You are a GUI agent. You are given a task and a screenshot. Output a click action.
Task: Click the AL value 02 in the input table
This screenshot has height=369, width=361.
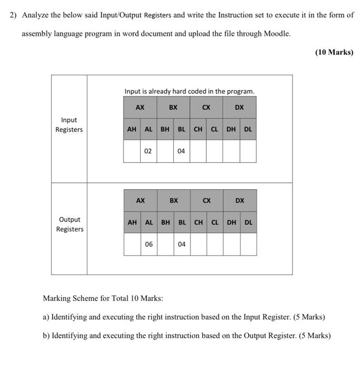(x=148, y=151)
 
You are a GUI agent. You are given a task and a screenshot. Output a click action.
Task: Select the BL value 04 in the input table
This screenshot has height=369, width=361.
(x=181, y=151)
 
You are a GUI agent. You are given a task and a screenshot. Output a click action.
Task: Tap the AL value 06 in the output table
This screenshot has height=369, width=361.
(x=149, y=244)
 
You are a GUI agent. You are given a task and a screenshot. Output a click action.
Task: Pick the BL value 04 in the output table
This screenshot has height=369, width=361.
(x=182, y=244)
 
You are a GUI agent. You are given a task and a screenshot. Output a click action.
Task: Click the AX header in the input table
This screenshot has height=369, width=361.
(x=140, y=107)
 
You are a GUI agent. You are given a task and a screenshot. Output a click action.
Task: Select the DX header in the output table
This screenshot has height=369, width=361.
(x=240, y=200)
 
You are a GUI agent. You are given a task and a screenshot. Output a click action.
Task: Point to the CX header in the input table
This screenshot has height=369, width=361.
(x=206, y=107)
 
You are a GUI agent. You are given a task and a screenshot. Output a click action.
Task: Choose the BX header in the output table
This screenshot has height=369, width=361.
(x=174, y=200)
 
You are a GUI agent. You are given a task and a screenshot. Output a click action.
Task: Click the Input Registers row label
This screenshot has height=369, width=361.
(x=69, y=125)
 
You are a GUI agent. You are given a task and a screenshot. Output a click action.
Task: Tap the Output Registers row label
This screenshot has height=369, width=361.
(x=69, y=224)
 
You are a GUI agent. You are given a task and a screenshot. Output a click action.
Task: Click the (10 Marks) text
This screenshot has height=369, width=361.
(x=334, y=52)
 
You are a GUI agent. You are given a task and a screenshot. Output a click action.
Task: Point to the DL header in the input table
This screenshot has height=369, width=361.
(x=248, y=129)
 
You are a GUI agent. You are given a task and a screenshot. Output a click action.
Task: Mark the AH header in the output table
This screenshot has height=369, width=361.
(x=132, y=222)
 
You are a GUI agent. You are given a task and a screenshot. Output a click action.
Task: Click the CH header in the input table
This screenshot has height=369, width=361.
(x=198, y=129)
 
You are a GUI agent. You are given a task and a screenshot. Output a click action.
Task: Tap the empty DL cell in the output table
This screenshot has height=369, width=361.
(x=248, y=244)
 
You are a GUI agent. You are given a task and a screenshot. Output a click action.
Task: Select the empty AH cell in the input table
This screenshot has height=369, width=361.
(x=132, y=151)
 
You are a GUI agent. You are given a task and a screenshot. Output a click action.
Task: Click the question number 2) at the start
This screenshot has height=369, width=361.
(x=14, y=15)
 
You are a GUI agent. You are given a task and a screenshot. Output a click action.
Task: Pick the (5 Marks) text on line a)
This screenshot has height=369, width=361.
(x=307, y=317)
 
